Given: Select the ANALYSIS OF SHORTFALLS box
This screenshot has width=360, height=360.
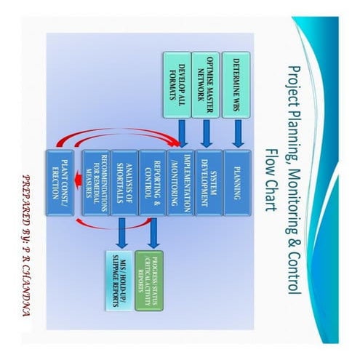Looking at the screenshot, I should click(123, 182).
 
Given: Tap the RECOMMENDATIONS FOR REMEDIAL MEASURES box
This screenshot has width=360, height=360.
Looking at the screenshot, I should click(95, 182).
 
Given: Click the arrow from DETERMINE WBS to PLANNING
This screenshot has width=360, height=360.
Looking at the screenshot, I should click(236, 133).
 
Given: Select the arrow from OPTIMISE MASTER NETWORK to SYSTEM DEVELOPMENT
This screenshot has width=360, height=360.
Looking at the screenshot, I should click(206, 133).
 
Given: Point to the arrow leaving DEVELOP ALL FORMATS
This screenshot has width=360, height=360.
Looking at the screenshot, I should click(177, 133).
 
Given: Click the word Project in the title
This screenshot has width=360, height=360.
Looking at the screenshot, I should click(294, 85).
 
